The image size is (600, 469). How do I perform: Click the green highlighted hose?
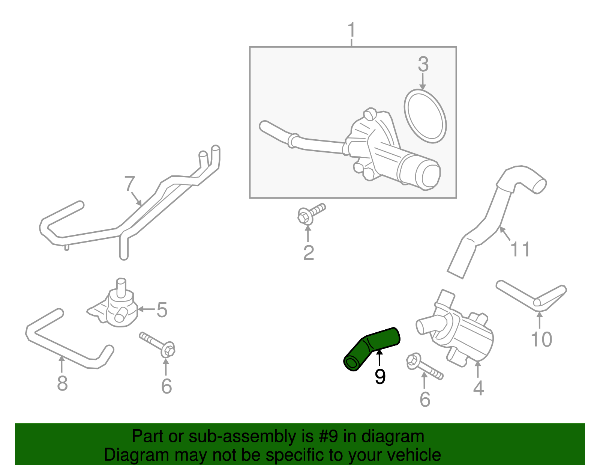click(x=371, y=348)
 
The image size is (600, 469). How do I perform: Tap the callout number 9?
click(x=380, y=377)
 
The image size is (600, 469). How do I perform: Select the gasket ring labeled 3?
click(x=425, y=116)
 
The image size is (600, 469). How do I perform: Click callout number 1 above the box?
click(x=351, y=30)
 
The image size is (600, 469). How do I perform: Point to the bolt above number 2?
click(x=310, y=214)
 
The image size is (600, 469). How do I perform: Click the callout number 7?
click(x=129, y=184)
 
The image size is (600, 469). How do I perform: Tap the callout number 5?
click(x=162, y=310)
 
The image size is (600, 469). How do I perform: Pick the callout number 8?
click(x=62, y=383)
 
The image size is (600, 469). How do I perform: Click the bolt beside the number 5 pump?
click(x=157, y=344)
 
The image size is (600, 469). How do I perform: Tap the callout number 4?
click(x=478, y=388)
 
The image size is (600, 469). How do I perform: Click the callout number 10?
click(x=541, y=339)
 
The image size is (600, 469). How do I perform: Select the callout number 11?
click(x=520, y=249)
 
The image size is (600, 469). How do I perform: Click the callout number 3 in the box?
click(x=423, y=65)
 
